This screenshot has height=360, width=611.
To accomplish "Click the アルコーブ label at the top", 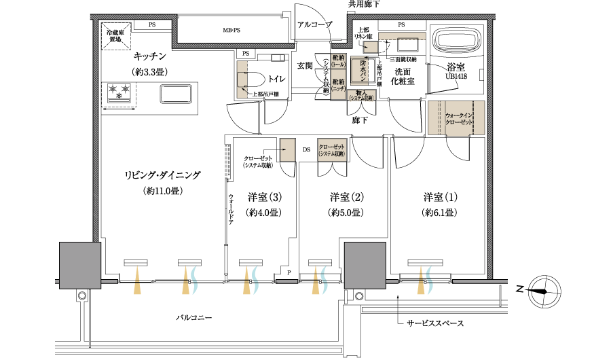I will click(315, 24).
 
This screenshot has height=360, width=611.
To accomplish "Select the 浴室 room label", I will click(456, 66).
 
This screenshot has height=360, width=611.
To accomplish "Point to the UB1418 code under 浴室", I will click(456, 76).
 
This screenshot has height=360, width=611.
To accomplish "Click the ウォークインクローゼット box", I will click(456, 117).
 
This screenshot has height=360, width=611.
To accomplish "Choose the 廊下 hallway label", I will click(360, 120).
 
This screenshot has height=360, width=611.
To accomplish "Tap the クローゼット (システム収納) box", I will click(333, 150).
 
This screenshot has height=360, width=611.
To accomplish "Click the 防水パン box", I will click(360, 71).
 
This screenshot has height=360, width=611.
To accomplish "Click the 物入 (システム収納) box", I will click(360, 96).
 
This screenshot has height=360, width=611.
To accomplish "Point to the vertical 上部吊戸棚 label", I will click(379, 73).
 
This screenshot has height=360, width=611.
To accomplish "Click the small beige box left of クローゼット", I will click(288, 150).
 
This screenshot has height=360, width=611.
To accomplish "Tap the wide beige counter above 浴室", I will click(402, 36).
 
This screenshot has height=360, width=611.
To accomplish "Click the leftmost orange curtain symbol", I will click(138, 280).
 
